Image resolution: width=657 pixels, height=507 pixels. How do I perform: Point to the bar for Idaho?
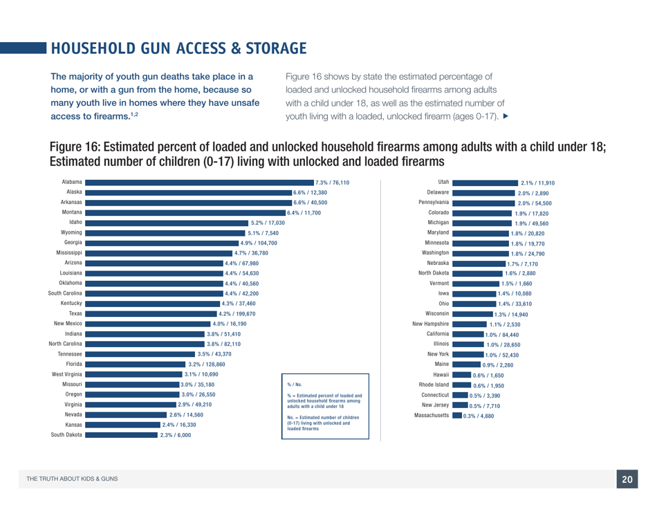click(166, 223)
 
